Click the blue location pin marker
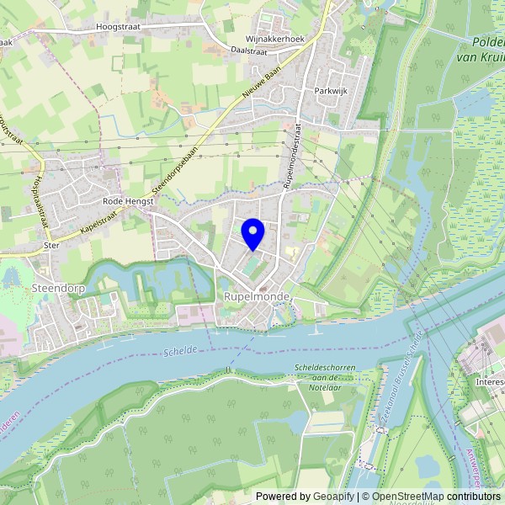[252, 232]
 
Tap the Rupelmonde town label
[257, 298]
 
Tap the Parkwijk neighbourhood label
[331, 89]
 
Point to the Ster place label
[51, 247]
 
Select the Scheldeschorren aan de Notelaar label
[324, 373]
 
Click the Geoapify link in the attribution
[333, 497]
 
